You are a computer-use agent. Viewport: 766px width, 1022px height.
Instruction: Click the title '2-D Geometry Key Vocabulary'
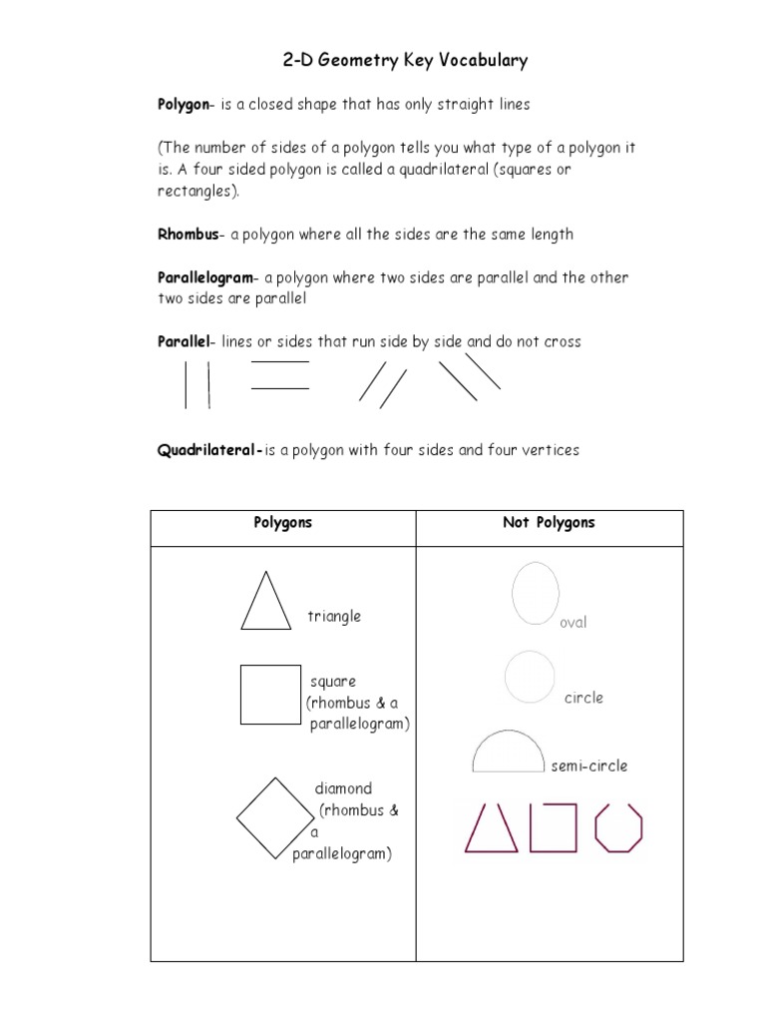coord(405,61)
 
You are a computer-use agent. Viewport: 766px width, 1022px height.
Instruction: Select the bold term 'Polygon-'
coord(185,104)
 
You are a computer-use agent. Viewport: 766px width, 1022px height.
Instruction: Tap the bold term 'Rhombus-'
coord(191,235)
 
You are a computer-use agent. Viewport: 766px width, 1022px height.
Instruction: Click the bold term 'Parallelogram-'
coord(208,277)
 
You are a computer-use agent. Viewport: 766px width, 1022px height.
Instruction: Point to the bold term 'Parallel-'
coord(187,341)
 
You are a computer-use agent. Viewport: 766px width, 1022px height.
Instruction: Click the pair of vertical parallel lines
coord(196,385)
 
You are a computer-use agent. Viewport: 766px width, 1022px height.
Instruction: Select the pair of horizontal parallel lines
coord(280,375)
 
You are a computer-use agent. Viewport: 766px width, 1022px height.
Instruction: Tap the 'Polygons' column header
coord(283,523)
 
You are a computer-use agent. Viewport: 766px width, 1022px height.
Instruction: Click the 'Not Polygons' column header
coord(549,523)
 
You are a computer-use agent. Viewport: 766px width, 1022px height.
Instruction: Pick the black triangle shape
coord(266,601)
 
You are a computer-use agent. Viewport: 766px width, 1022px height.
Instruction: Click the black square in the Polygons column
coord(270,695)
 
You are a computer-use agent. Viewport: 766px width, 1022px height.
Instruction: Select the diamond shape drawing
coord(275,818)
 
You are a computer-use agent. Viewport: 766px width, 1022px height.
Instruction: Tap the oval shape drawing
coord(536,593)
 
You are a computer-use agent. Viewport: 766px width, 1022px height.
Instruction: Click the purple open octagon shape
coord(618,828)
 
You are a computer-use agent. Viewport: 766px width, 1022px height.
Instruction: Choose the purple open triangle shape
coord(491,828)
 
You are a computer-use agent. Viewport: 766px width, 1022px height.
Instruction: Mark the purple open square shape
coord(554,828)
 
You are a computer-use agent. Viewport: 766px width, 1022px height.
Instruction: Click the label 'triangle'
coord(334,616)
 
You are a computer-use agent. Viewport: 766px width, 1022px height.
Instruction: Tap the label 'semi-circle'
coord(589,766)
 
